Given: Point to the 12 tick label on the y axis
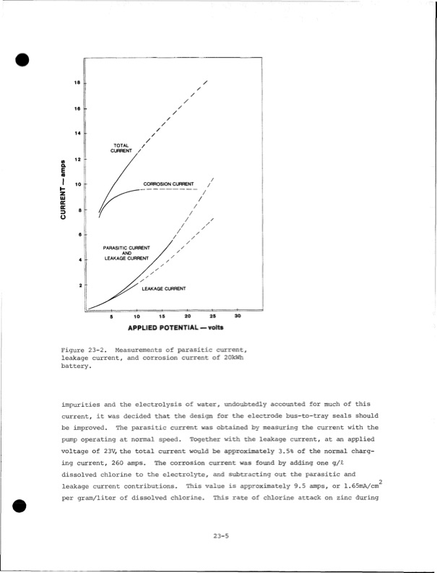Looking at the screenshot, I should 77,158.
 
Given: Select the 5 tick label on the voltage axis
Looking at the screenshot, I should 111,316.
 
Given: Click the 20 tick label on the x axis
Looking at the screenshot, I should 187,316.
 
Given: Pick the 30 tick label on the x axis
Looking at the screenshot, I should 238,316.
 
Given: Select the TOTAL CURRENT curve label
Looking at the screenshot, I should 121,147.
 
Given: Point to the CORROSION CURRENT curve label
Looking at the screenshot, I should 168,184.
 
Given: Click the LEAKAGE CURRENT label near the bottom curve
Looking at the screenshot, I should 164,288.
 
